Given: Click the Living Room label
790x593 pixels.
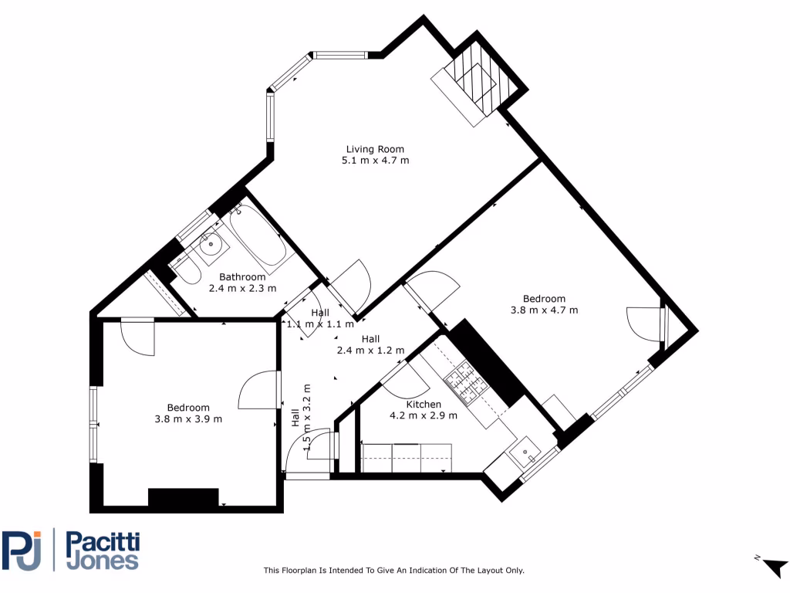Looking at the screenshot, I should pyautogui.click(x=374, y=149).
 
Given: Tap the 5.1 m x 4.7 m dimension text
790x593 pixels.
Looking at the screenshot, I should pyautogui.click(x=374, y=161).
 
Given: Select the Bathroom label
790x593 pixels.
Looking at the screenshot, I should pyautogui.click(x=241, y=276).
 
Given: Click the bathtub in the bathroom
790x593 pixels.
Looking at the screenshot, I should pyautogui.click(x=259, y=237).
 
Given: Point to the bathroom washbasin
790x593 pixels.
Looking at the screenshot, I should pyautogui.click(x=210, y=245).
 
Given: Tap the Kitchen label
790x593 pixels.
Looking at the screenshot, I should pyautogui.click(x=424, y=404).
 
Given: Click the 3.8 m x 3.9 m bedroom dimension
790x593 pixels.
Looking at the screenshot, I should pyautogui.click(x=188, y=419).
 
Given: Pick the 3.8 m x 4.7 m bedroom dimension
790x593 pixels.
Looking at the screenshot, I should pyautogui.click(x=544, y=310).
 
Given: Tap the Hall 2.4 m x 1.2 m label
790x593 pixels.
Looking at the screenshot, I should pyautogui.click(x=370, y=344).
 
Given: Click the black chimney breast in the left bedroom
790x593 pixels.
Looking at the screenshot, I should pyautogui.click(x=183, y=498).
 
